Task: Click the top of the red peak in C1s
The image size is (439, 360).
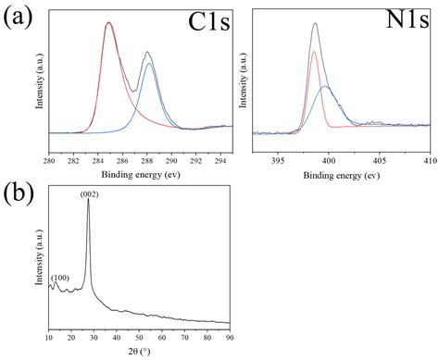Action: coord(109,24)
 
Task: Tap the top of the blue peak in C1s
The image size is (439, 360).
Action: coord(149,64)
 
